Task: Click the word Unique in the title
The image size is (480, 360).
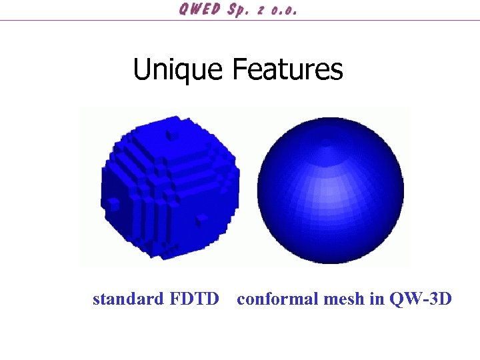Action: pos(178,69)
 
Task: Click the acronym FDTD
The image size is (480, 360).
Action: pos(194,299)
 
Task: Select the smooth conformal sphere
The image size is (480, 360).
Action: pos(330,190)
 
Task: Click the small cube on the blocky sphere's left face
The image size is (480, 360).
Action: pos(114,203)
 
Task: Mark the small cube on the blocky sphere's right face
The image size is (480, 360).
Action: pos(201,219)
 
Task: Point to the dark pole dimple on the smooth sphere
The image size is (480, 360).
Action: pos(327,143)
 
